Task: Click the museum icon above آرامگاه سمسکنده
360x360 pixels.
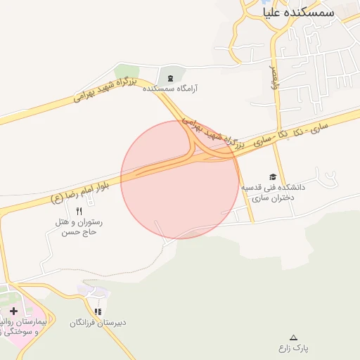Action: (170, 77)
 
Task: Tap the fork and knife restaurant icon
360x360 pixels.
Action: (79, 210)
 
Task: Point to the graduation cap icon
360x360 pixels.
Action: (273, 176)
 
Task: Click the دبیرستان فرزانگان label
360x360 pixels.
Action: (98, 323)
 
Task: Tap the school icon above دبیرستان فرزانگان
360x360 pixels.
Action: (98, 311)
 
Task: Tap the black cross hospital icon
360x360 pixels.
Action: (13, 310)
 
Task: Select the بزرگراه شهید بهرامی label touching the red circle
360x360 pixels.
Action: (206, 131)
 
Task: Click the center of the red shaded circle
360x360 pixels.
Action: (179, 179)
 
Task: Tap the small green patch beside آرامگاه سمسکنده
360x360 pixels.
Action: (127, 71)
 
